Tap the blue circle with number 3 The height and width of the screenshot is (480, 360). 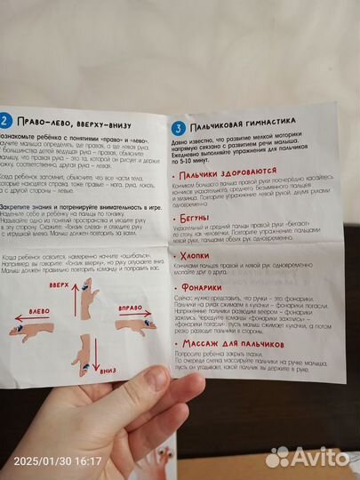pos(178,126)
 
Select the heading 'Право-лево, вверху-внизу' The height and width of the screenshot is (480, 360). pos(71,123)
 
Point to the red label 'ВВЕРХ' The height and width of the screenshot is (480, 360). pos(58,284)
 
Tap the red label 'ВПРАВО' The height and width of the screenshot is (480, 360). pos(132,307)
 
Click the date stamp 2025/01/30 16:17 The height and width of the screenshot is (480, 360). pos(53,461)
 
